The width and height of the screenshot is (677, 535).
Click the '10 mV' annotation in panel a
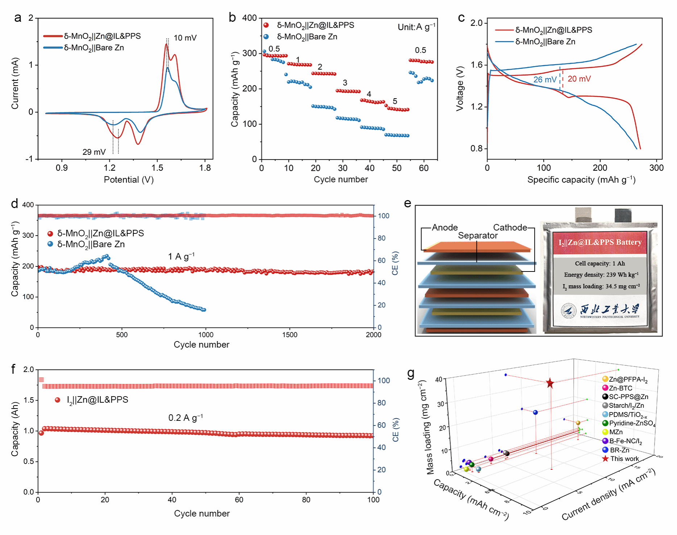click(x=185, y=38)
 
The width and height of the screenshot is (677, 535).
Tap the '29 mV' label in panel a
click(x=94, y=152)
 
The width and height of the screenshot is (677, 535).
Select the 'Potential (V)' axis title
click(x=129, y=180)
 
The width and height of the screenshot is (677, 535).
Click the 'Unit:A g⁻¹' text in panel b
click(x=416, y=27)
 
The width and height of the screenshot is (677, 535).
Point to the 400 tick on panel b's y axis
click(x=249, y=18)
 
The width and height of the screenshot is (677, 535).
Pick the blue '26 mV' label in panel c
click(x=545, y=80)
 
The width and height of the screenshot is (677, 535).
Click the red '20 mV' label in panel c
click(x=579, y=79)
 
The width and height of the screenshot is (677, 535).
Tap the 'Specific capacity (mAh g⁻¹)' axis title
click(x=581, y=180)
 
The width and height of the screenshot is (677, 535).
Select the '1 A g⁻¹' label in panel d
click(x=181, y=257)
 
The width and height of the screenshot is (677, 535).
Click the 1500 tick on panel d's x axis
click(x=290, y=335)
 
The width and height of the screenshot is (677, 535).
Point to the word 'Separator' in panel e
click(x=478, y=236)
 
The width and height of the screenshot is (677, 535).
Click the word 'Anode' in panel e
click(x=445, y=228)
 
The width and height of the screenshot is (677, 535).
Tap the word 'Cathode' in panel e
click(x=510, y=228)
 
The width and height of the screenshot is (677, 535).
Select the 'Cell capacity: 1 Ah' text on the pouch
click(x=600, y=264)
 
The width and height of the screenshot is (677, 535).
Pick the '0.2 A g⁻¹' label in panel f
click(x=186, y=418)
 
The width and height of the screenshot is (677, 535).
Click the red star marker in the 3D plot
click(x=550, y=383)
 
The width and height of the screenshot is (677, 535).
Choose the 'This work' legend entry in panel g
click(x=624, y=459)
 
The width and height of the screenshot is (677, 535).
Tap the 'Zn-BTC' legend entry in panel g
click(x=620, y=388)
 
